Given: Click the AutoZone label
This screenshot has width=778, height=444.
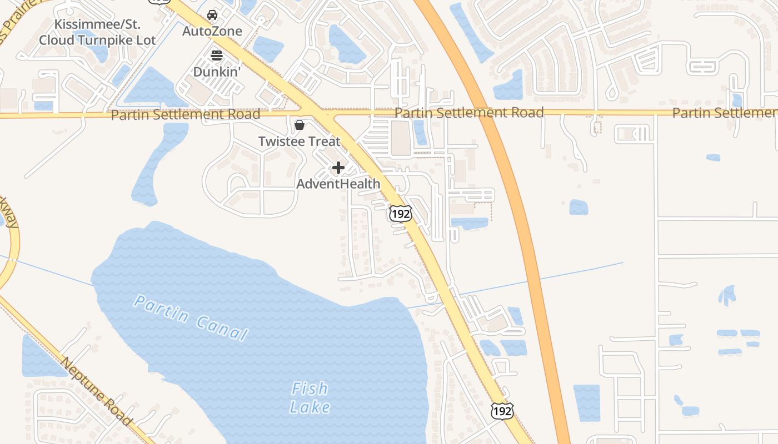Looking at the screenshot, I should tap(212, 31).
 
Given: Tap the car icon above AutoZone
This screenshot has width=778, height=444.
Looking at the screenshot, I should tap(212, 15).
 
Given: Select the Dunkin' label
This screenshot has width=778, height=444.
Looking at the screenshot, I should tap(217, 72).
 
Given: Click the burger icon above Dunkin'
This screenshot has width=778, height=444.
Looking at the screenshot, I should tap(217, 55).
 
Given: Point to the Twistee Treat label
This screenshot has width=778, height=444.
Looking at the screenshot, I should tap(299, 141).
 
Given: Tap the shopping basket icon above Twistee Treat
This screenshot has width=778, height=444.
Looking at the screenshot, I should tap(300, 125).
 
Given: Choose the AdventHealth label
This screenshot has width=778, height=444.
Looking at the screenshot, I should tap(338, 184).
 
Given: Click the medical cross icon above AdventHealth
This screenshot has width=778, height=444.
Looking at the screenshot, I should tap(338, 168).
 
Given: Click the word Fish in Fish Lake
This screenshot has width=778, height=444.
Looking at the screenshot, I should tap(310, 389).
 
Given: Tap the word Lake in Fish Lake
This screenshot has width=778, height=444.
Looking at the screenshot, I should tap(310, 407).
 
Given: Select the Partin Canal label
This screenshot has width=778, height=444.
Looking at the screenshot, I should tap(191, 318).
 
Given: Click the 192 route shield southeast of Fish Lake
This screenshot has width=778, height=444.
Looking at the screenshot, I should tap(502, 411).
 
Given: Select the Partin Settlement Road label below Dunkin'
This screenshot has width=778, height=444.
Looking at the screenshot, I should tap(186, 114).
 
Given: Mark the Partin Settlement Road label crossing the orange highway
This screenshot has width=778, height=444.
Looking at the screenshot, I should tap(469, 113).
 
